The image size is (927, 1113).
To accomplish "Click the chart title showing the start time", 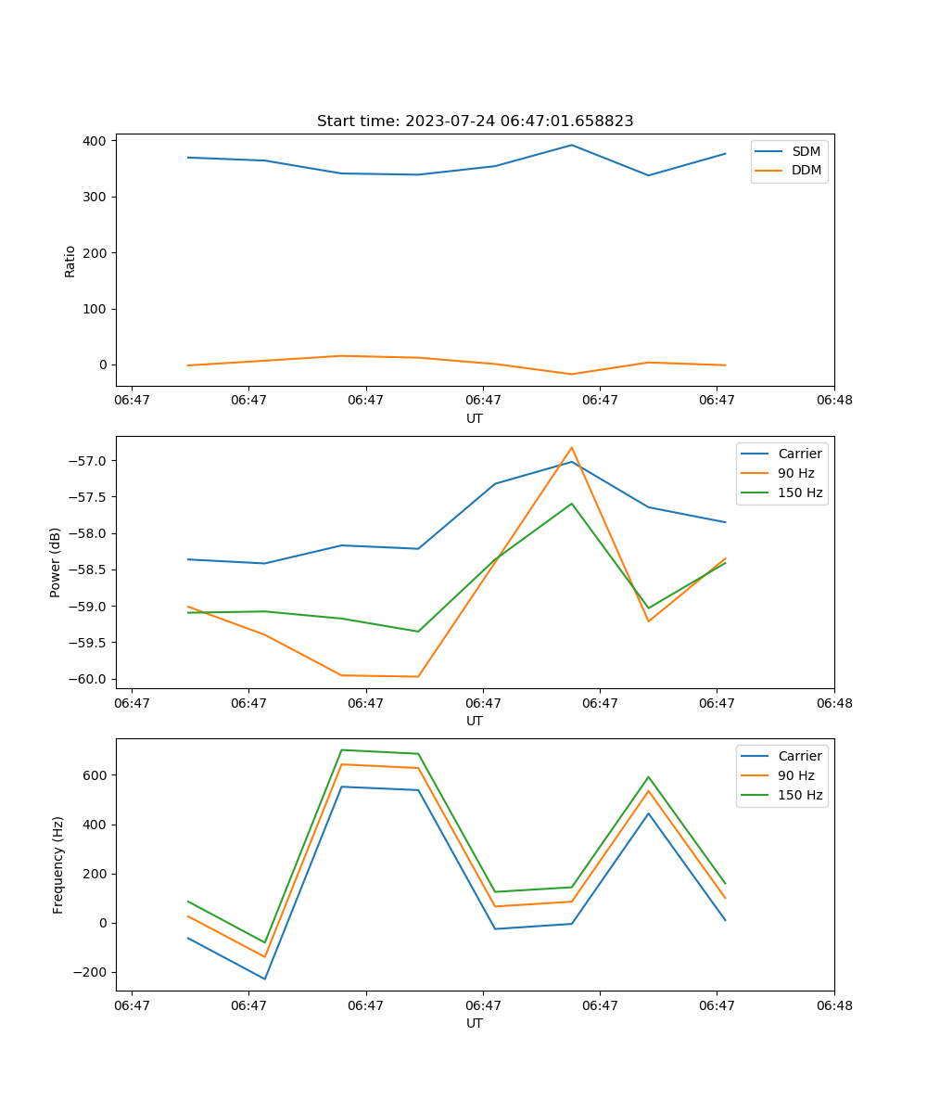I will (475, 122).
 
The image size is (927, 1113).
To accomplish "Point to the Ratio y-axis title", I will (70, 262).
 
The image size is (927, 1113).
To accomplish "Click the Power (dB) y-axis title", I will (56, 562).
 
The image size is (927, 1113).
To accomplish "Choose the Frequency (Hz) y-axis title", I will (58, 864).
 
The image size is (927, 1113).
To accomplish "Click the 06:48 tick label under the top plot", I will (833, 401).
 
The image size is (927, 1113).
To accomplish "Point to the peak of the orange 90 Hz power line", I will (572, 447).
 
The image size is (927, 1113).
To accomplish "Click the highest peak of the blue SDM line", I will (572, 145).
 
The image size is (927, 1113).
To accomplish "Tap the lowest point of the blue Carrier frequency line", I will (265, 979).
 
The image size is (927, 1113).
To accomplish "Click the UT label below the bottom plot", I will (475, 1023).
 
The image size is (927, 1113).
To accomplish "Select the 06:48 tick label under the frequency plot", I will (833, 1005).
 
